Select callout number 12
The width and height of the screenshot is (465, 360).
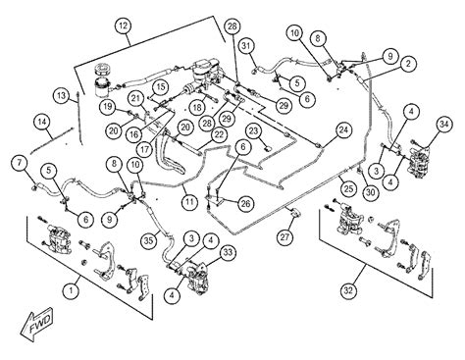pyautogui.click(x=124, y=26)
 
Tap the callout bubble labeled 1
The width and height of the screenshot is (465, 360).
pyautogui.click(x=72, y=290)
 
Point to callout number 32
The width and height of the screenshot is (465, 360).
pyautogui.click(x=348, y=290)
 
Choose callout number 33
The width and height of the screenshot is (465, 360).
pyautogui.click(x=228, y=252)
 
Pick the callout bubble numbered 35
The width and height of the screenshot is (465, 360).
pyautogui.click(x=148, y=241)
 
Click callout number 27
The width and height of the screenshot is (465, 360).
pyautogui.click(x=284, y=236)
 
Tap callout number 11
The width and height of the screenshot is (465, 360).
pyautogui.click(x=189, y=201)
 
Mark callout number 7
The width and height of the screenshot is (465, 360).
pyautogui.click(x=21, y=163)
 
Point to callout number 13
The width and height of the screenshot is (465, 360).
pyautogui.click(x=62, y=96)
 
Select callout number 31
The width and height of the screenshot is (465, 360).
pyautogui.click(x=247, y=46)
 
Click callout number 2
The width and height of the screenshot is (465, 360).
pyautogui.click(x=408, y=64)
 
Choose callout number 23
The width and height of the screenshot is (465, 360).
pyautogui.click(x=254, y=131)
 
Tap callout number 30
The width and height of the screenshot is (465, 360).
pyautogui.click(x=370, y=192)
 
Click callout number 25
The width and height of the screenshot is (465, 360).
pyautogui.click(x=348, y=188)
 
